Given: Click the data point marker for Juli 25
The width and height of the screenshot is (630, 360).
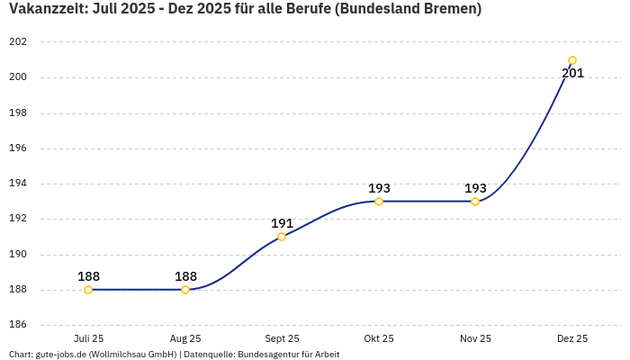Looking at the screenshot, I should [88, 290].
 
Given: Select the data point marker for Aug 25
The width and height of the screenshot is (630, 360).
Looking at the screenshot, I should [185, 290].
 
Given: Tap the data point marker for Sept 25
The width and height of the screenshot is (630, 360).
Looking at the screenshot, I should [282, 237].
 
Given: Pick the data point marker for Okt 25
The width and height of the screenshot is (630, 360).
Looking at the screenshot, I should [379, 202].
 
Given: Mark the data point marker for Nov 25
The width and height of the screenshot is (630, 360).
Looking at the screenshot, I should [475, 202].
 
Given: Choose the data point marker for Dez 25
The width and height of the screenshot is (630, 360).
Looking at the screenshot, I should [572, 61].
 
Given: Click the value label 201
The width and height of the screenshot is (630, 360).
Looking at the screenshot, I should [572, 74].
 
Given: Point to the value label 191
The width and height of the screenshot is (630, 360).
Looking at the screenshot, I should [282, 223].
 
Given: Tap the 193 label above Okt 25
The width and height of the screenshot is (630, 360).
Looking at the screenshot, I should [379, 188].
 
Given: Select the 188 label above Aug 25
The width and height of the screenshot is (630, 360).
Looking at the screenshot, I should [185, 276].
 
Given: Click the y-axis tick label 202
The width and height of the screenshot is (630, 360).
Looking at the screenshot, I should [17, 42].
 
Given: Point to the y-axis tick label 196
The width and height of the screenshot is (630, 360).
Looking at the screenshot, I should [17, 148].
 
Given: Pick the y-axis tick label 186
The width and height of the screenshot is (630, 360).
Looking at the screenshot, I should [17, 325].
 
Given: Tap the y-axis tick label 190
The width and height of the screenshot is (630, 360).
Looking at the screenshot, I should [17, 255].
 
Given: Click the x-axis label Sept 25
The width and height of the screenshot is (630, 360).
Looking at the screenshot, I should [282, 338].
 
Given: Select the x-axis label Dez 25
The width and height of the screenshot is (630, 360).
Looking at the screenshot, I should [572, 338].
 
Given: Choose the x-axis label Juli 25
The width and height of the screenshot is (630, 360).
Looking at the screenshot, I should [88, 338].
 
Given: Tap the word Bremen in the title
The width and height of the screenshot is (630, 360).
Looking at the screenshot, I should [450, 9].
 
